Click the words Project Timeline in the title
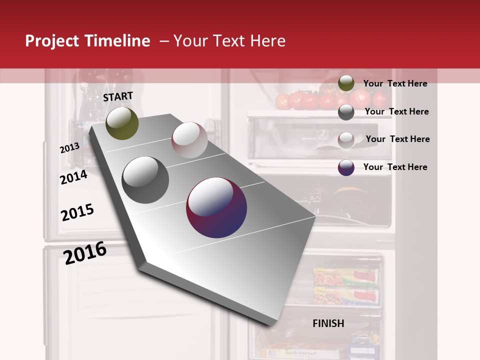pyautogui.click(x=87, y=41)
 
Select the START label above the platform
pyautogui.click(x=118, y=96)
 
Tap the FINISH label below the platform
pyautogui.click(x=328, y=323)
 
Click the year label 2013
pyautogui.click(x=69, y=148)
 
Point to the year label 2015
pyautogui.click(x=77, y=212)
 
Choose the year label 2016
pyautogui.click(x=85, y=252)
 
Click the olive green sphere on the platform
pyautogui.click(x=122, y=123)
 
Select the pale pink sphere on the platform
pyautogui.click(x=189, y=140)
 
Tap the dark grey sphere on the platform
pyautogui.click(x=145, y=180)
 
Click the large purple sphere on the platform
pyautogui.click(x=216, y=207)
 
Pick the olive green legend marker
pyautogui.click(x=346, y=83)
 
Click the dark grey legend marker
pyautogui.click(x=346, y=112)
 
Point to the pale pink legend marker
pyautogui.click(x=346, y=139)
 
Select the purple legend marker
pyautogui.click(x=346, y=167)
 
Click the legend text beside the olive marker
pyautogui.click(x=395, y=83)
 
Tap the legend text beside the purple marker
pyautogui.click(x=395, y=167)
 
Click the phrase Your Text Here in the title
pyautogui.click(x=229, y=41)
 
